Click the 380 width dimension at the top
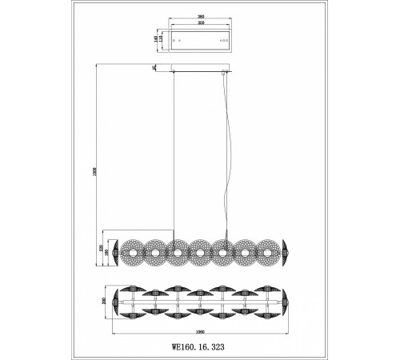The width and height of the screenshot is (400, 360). pos(200,15)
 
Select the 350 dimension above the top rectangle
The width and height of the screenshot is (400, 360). pos(200,22)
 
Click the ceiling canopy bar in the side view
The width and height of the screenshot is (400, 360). pos(200,73)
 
